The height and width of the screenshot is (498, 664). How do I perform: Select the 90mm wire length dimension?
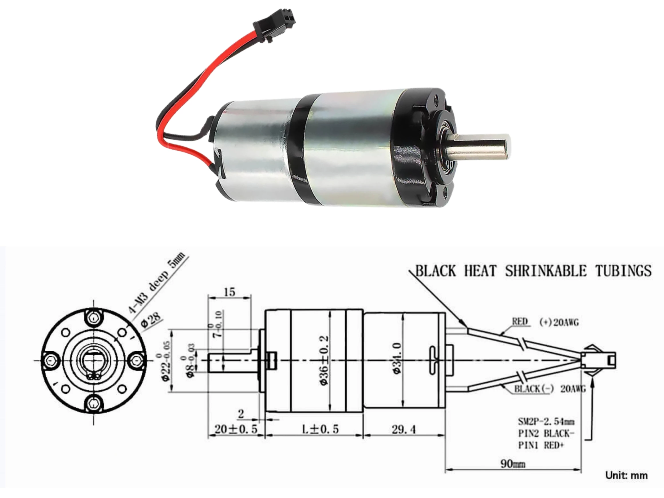point(513,464)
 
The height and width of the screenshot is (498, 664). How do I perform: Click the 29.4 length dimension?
point(404,430)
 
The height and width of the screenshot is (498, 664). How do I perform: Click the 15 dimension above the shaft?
point(230,292)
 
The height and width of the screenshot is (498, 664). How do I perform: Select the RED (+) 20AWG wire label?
point(545,322)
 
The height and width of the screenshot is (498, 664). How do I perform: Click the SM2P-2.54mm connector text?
point(546,422)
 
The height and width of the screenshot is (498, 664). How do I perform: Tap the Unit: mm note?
point(626,475)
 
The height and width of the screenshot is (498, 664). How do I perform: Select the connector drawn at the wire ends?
point(597,360)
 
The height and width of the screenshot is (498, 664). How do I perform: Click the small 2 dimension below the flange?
point(241,414)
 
